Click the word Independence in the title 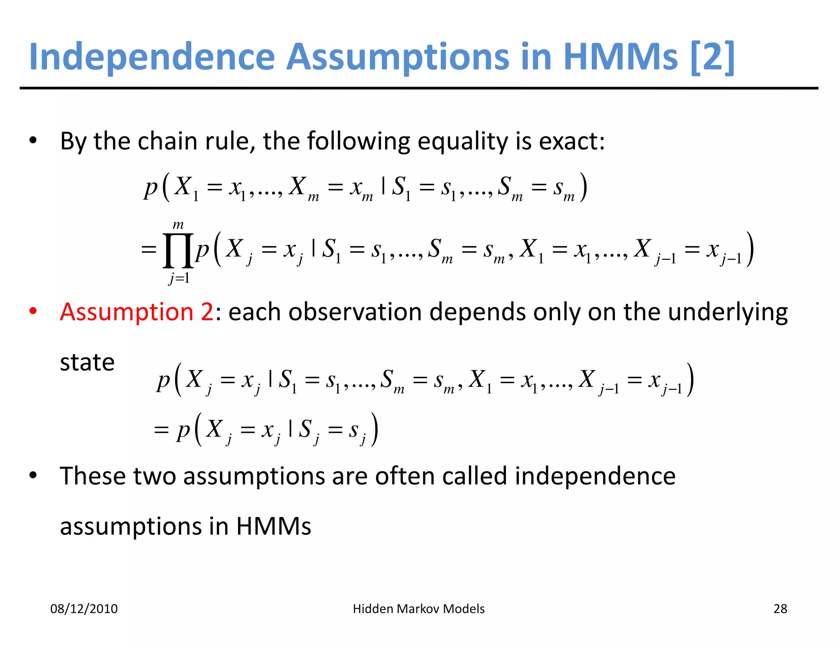pyautogui.click(x=152, y=57)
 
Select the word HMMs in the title pyautogui.click(x=621, y=57)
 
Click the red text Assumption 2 pyautogui.click(x=137, y=312)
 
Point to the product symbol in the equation pyautogui.click(x=178, y=250)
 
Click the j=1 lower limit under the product pyautogui.click(x=179, y=279)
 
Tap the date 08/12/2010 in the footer pyautogui.click(x=84, y=609)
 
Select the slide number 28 pyautogui.click(x=780, y=609)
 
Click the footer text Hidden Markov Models pyautogui.click(x=419, y=609)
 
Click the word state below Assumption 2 pyautogui.click(x=87, y=362)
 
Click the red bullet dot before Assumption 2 pyautogui.click(x=33, y=311)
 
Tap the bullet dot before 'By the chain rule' pyautogui.click(x=33, y=141)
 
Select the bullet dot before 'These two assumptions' pyautogui.click(x=33, y=476)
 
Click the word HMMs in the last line pyautogui.click(x=273, y=526)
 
